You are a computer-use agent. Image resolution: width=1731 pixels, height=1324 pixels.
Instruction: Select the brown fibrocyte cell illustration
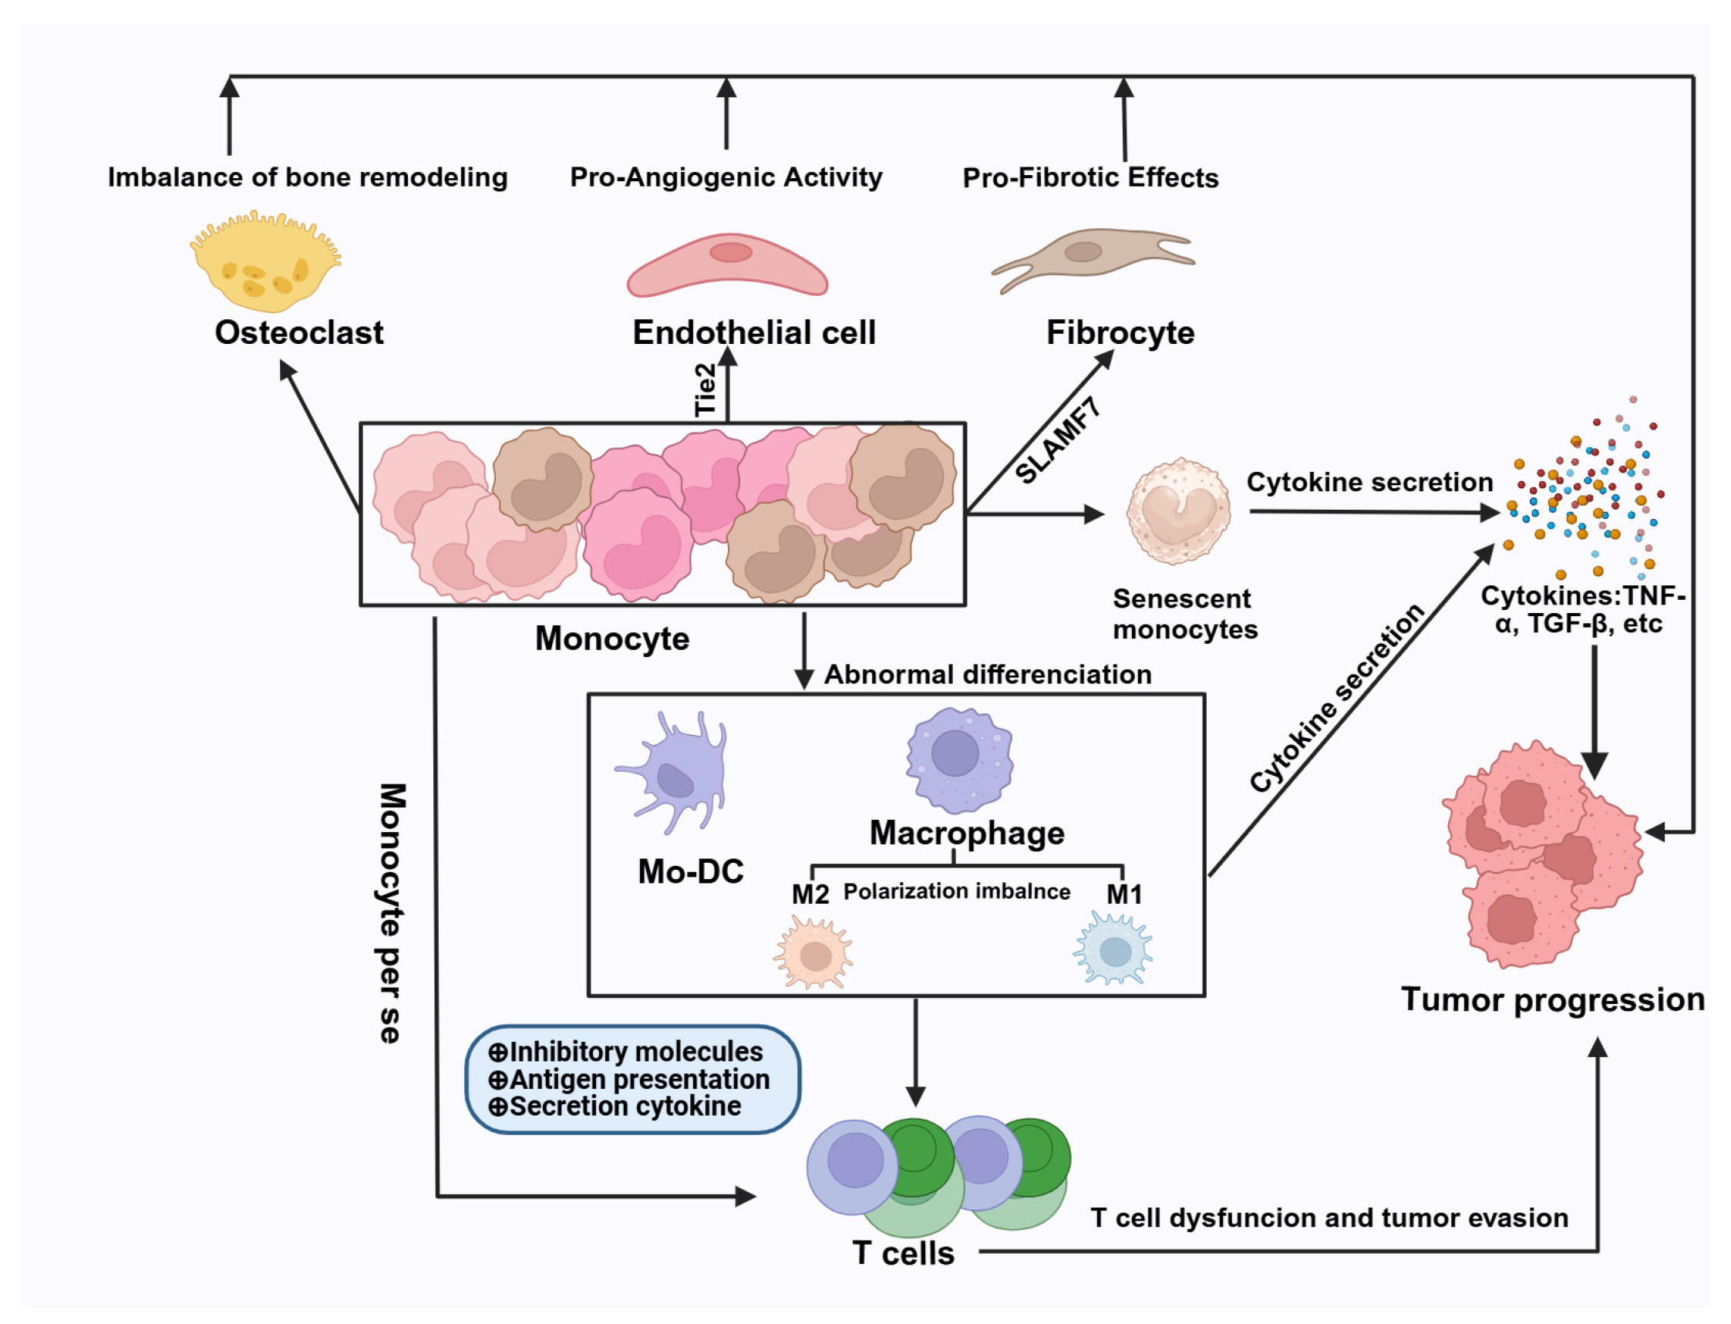(x=1091, y=256)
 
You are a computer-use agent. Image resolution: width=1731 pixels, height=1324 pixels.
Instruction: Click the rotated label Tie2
(x=706, y=389)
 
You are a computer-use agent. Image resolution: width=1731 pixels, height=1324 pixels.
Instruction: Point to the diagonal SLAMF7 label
(x=1057, y=440)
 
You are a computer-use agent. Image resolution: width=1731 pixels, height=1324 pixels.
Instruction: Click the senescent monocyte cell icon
(x=1178, y=512)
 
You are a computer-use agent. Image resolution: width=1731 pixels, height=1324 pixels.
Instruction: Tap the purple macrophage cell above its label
(x=959, y=759)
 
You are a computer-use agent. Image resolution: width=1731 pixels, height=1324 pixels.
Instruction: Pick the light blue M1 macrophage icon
(x=1113, y=950)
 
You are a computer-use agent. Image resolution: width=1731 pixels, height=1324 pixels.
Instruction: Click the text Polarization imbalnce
(x=957, y=891)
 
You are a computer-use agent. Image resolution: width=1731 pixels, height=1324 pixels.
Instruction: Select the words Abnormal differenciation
(x=987, y=675)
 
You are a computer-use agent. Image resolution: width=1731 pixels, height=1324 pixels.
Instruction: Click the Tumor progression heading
(x=1552, y=999)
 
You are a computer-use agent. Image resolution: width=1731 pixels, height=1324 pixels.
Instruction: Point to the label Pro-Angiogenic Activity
(x=726, y=177)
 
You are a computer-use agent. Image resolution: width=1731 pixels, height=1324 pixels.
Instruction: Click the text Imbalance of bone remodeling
(x=308, y=177)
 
